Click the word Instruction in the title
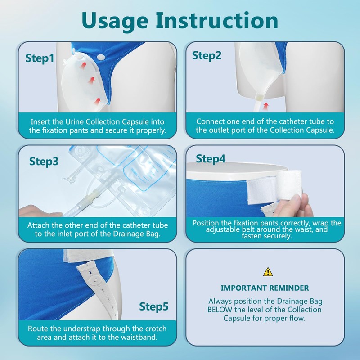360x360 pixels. pos(217,20)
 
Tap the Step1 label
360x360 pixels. pos(40,58)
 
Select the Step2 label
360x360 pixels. pos(207,56)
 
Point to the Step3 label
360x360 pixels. pos(44,162)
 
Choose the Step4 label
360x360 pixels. pos(211,159)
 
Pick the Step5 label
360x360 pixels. pos(153,307)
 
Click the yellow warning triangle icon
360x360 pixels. pos(268,272)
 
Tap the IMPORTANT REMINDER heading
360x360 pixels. pos(265,288)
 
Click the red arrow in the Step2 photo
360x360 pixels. pos(266,106)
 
